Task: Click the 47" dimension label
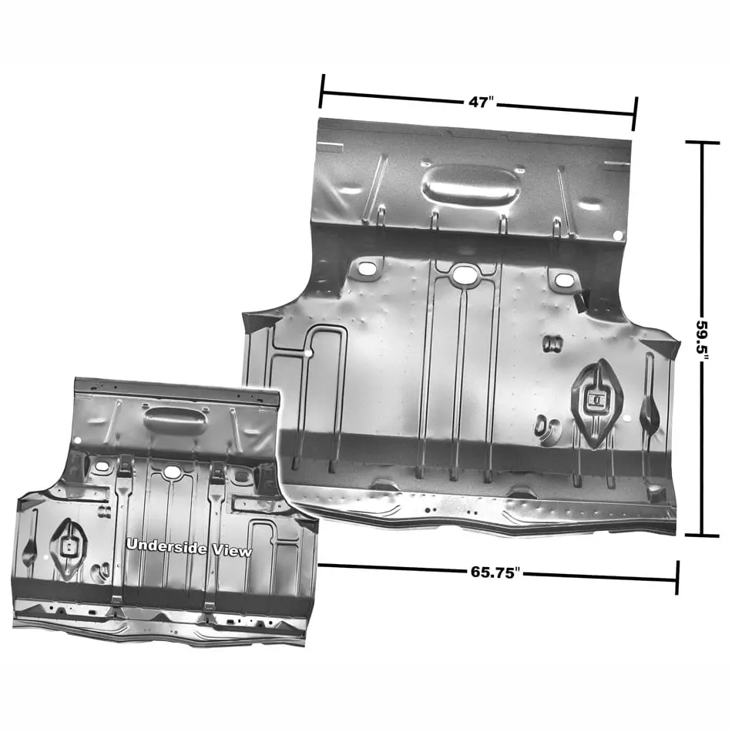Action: click(x=481, y=102)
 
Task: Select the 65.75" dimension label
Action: click(x=495, y=573)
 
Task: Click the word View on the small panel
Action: click(x=232, y=551)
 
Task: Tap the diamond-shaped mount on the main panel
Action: click(x=597, y=402)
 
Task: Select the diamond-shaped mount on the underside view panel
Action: click(x=68, y=549)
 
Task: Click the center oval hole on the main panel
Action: click(x=465, y=274)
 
